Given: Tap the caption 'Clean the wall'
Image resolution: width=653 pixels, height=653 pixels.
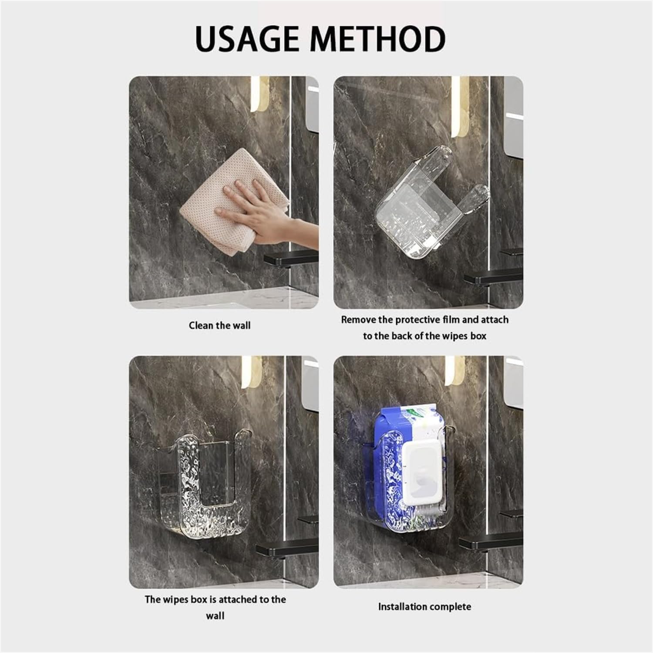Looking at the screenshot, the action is point(220,326).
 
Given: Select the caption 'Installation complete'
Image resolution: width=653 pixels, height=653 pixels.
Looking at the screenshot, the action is point(424,606).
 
